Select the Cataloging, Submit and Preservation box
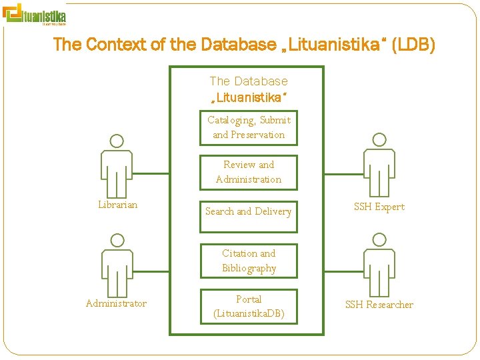tap(248, 127)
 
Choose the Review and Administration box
tap(248, 172)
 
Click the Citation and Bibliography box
tap(248, 261)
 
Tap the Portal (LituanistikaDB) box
tap(248, 306)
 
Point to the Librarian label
tap(117, 205)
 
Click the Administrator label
tap(116, 303)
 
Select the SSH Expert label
tap(379, 207)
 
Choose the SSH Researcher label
tap(379, 305)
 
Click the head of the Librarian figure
tap(117, 141)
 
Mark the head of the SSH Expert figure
tap(379, 139)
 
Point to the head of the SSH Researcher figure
tap(379, 239)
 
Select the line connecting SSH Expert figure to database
tap(344, 175)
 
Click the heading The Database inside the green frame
tap(248, 81)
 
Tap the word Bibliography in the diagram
tap(249, 268)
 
